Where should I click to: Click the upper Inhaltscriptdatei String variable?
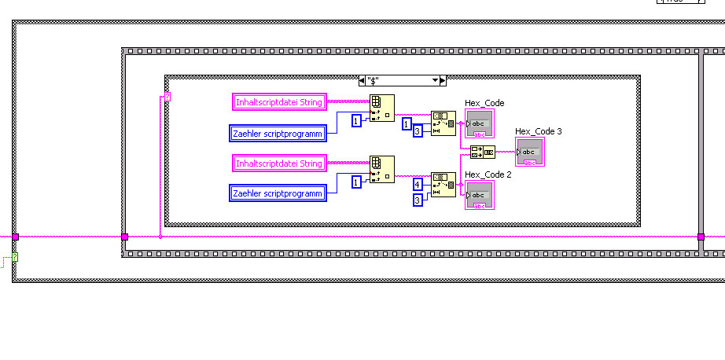(279, 101)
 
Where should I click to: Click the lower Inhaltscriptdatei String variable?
(279, 163)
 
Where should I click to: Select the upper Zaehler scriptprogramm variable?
(278, 134)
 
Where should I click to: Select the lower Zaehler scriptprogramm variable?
(278, 193)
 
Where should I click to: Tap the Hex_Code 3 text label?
(538, 131)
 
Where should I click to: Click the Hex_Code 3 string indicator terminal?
(529, 152)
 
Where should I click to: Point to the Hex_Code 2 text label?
(488, 174)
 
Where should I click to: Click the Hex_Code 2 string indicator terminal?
(479, 195)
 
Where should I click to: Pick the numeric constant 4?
(418, 185)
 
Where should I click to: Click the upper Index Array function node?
(382, 108)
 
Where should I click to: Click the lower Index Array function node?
(382, 169)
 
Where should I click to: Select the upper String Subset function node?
(443, 123)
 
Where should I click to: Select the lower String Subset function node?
(443, 185)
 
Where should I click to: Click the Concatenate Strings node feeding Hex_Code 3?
(482, 152)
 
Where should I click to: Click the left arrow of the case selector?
(361, 80)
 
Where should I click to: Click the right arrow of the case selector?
(443, 80)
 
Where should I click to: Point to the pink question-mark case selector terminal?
(167, 97)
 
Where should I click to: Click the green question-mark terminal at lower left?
(14, 257)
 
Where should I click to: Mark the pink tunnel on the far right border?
(701, 236)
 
